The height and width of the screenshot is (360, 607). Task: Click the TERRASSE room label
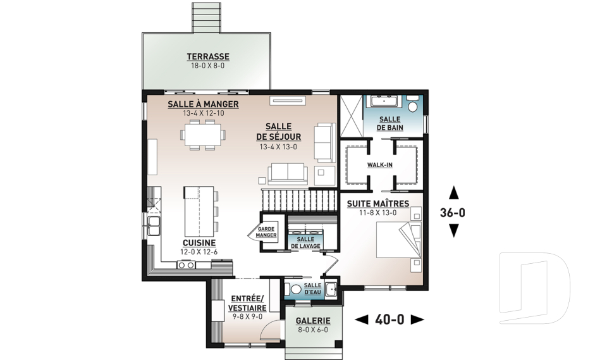[x=208, y=56]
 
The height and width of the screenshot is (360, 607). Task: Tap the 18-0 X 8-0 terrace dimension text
[x=208, y=66]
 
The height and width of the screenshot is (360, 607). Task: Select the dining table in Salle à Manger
[x=203, y=135]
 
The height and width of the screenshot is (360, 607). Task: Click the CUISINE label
[x=199, y=243]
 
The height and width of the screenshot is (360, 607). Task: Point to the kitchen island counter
[x=199, y=211]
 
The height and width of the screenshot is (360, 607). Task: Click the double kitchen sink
[x=154, y=226]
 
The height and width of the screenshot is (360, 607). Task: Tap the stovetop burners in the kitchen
[x=186, y=265]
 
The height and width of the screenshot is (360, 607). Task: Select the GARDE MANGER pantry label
[x=266, y=232]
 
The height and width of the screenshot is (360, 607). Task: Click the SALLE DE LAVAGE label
[x=305, y=242]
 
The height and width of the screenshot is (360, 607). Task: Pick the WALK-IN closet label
[x=380, y=165]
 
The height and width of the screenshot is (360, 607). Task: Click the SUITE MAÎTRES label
[x=378, y=204]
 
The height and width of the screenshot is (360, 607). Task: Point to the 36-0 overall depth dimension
[x=453, y=213]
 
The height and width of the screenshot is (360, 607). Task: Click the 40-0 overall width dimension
[x=389, y=320]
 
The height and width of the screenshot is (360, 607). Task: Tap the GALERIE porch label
[x=313, y=321]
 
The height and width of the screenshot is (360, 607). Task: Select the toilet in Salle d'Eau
[x=293, y=289]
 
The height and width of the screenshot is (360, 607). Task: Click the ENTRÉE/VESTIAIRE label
[x=247, y=303]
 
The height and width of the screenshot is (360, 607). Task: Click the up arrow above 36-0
[x=453, y=192]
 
